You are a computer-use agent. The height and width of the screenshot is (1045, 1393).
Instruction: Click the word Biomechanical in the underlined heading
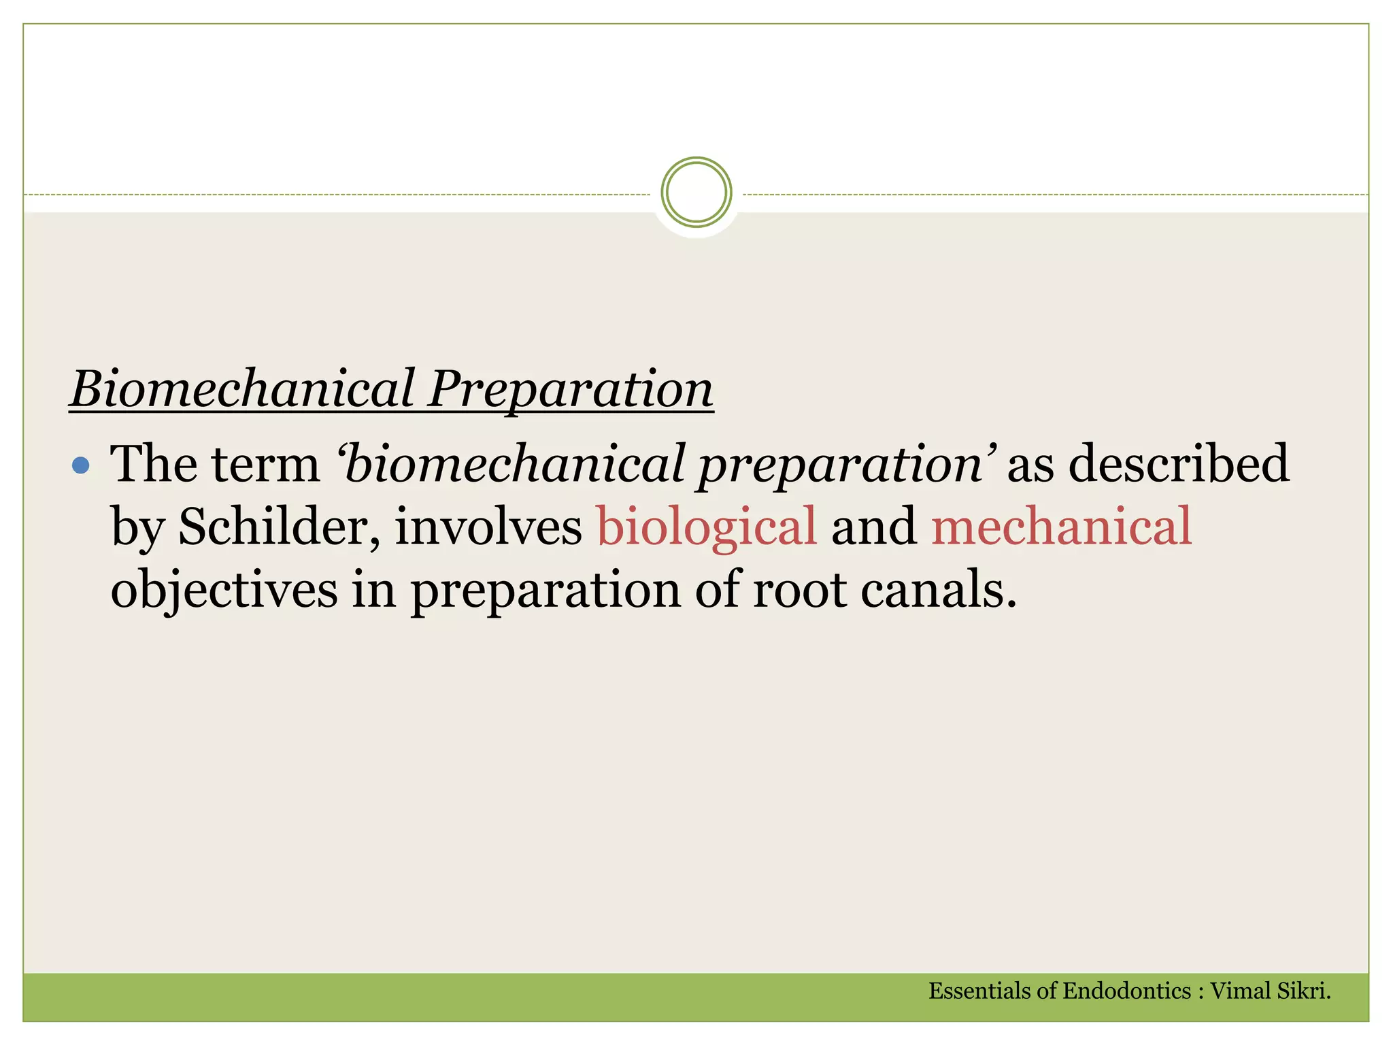coord(242,389)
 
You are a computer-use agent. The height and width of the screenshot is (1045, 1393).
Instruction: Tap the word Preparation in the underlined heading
coord(570,389)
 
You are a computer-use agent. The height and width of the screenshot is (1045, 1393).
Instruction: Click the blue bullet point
coord(81,465)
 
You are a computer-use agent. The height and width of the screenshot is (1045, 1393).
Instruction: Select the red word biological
coord(706,527)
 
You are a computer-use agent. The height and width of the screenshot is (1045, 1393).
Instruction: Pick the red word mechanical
coord(1061,527)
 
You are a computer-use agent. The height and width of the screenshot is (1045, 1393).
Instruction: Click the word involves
coord(488,527)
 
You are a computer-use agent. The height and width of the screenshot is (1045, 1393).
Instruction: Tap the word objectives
coord(224,589)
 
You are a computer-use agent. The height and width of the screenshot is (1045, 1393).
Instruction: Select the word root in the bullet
coord(799,589)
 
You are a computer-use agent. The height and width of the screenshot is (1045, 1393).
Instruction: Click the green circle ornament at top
coord(696,192)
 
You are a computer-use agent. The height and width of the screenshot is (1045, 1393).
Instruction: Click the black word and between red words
coord(873,527)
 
